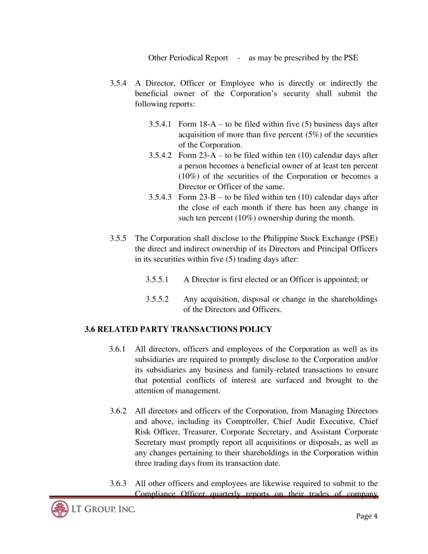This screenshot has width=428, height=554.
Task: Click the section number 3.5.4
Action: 118,83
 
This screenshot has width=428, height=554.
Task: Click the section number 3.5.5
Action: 118,238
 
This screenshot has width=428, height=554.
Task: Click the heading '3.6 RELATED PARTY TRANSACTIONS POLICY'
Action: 179,329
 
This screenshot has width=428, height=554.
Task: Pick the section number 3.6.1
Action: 118,349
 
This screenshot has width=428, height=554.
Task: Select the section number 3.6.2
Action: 118,411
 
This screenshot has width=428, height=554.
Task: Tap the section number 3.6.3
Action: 118,483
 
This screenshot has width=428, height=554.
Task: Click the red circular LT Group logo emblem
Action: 60,510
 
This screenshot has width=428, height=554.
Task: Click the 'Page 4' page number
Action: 367,516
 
